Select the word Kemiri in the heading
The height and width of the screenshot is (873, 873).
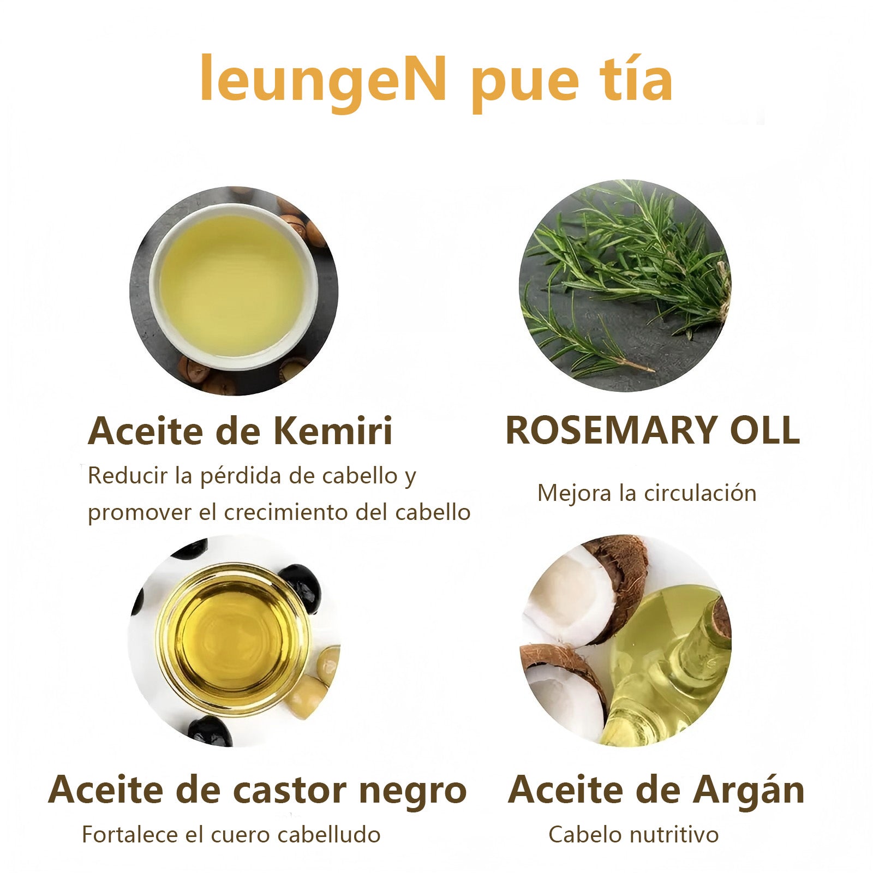coord(333,431)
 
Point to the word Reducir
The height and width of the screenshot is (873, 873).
coord(128,476)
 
